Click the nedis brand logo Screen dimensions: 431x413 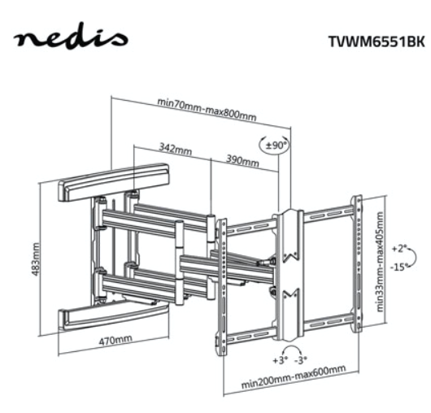[x=71, y=37]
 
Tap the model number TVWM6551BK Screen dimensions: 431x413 [x=377, y=41]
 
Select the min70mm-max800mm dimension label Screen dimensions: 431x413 [x=207, y=110]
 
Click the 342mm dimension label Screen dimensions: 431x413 [x=176, y=149]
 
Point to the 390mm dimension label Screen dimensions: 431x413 [x=242, y=160]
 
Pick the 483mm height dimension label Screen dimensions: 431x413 [x=36, y=259]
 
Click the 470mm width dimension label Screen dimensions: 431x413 [x=115, y=340]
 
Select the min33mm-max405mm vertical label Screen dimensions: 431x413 [x=380, y=262]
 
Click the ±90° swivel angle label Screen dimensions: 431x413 [x=276, y=145]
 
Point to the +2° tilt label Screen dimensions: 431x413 [x=398, y=249]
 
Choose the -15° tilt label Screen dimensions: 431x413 [x=398, y=267]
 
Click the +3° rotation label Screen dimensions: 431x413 [x=280, y=360]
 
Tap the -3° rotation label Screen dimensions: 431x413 [x=301, y=359]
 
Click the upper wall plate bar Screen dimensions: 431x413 [x=114, y=182]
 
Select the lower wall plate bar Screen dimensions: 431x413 [x=113, y=317]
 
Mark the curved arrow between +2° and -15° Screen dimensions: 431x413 [x=413, y=258]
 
